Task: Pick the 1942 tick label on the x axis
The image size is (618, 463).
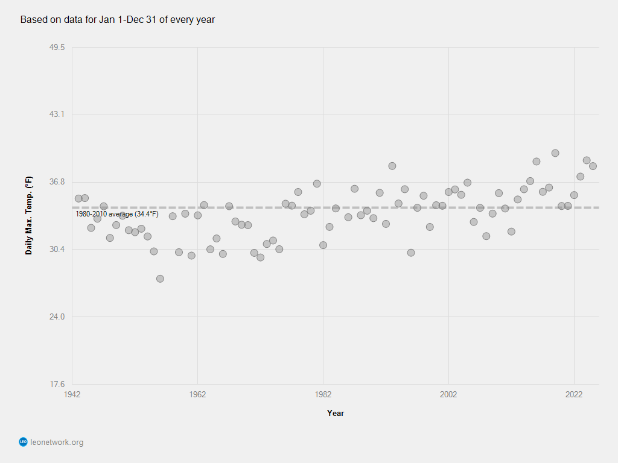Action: coord(72,395)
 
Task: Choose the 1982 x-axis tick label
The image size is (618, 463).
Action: coord(323,395)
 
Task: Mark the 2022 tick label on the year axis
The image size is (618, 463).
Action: coord(574,395)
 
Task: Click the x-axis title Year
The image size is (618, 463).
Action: coord(336,413)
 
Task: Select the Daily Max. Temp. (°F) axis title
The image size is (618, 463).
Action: coord(29,216)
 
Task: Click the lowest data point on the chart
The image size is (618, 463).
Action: coord(160,279)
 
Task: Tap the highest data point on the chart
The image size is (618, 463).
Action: coord(555,153)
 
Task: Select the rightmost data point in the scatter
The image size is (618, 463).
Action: coord(593,166)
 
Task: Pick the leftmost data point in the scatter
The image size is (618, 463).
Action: coord(78,198)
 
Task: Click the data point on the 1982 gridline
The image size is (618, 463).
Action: coord(323,245)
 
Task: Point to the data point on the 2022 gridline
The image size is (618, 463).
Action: coord(574,195)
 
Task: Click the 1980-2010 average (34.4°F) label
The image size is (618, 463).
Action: coord(117,214)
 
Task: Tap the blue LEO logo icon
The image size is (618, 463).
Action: coord(24,442)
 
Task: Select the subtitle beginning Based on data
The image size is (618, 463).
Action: coord(118,20)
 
